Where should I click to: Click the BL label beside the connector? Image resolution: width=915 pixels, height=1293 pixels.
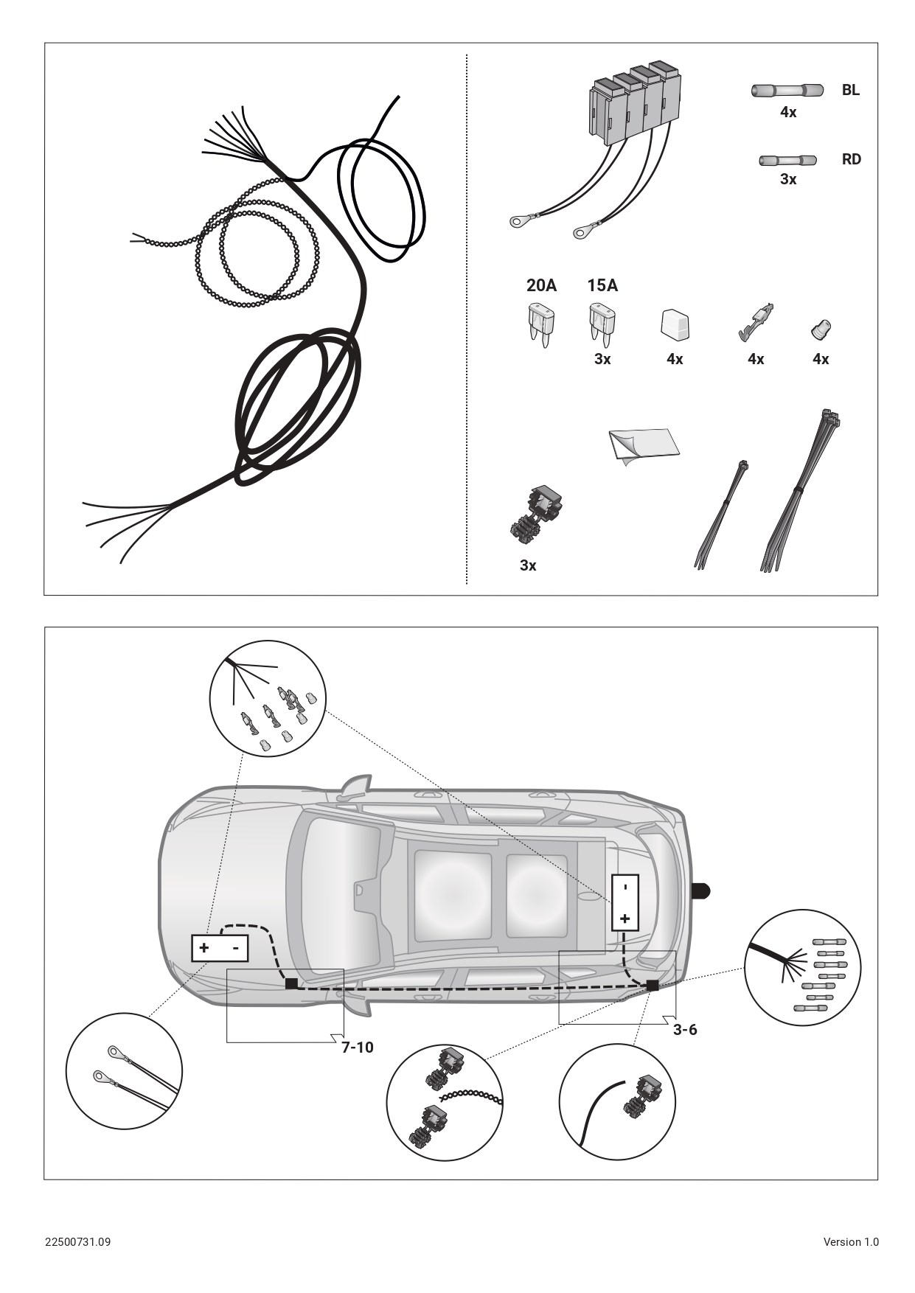coord(850,90)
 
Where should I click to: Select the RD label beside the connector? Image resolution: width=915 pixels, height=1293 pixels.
coord(851,159)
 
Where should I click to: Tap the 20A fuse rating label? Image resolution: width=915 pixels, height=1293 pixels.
coord(541,285)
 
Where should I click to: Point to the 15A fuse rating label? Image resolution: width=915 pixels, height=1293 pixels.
coord(602,285)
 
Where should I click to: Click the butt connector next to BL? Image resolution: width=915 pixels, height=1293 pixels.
coord(787,91)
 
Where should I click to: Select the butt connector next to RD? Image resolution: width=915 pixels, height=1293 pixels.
coord(787,160)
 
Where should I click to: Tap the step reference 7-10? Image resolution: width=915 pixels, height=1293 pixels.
coord(357,1047)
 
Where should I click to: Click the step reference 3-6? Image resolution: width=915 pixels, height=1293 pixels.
coord(685,1029)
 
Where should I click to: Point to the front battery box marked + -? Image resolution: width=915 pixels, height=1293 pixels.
coord(220,948)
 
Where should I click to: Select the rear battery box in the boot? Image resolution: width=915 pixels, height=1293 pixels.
coord(625,902)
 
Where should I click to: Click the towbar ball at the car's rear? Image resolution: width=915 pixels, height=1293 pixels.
coord(700,891)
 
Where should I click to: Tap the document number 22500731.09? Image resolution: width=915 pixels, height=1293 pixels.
coord(78,1241)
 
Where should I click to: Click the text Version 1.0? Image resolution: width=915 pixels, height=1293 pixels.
coord(851,1241)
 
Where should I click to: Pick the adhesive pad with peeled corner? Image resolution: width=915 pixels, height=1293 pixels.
coord(644,446)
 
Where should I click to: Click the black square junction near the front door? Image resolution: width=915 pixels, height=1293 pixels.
coord(291,983)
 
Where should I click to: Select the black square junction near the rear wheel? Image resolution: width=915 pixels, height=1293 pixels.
coord(653,985)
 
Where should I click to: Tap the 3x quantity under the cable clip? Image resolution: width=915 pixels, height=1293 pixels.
coord(528,565)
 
